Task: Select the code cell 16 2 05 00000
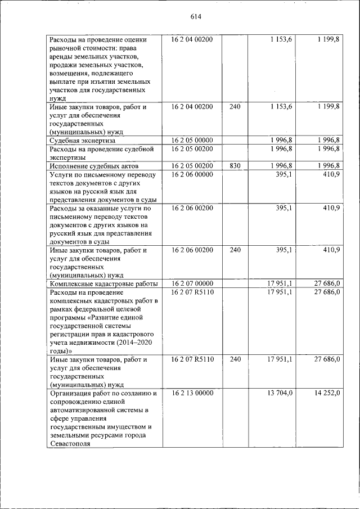tap(192, 140)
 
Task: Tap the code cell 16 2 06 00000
tap(192, 175)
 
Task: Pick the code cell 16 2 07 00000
tap(192, 283)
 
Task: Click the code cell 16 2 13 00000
tap(192, 393)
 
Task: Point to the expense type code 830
tap(235, 165)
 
